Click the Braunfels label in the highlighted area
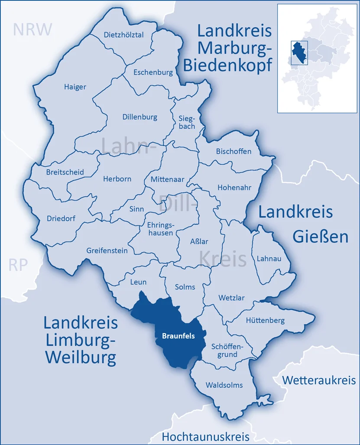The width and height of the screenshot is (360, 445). coord(178,335)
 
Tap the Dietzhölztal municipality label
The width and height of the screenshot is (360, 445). coord(124,35)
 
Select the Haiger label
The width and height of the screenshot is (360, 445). coord(75,87)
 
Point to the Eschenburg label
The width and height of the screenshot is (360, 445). coord(153,72)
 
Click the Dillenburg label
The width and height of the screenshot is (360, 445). coord(139,117)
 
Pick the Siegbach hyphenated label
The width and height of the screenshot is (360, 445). coord(187,122)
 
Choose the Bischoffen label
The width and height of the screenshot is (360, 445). coord(234,151)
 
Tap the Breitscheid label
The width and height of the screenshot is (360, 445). coord(65,172)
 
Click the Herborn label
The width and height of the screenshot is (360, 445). coord(117,179)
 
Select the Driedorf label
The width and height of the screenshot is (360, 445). coord(61,218)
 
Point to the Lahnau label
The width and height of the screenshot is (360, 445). coord(269,258)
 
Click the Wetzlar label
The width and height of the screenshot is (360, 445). coord(231,298)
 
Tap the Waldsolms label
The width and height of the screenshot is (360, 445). coord(224,385)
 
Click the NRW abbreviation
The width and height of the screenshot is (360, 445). coord(32,29)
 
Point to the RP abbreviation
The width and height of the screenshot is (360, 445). coord(18,265)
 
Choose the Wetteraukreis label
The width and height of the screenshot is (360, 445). coord(319,380)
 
